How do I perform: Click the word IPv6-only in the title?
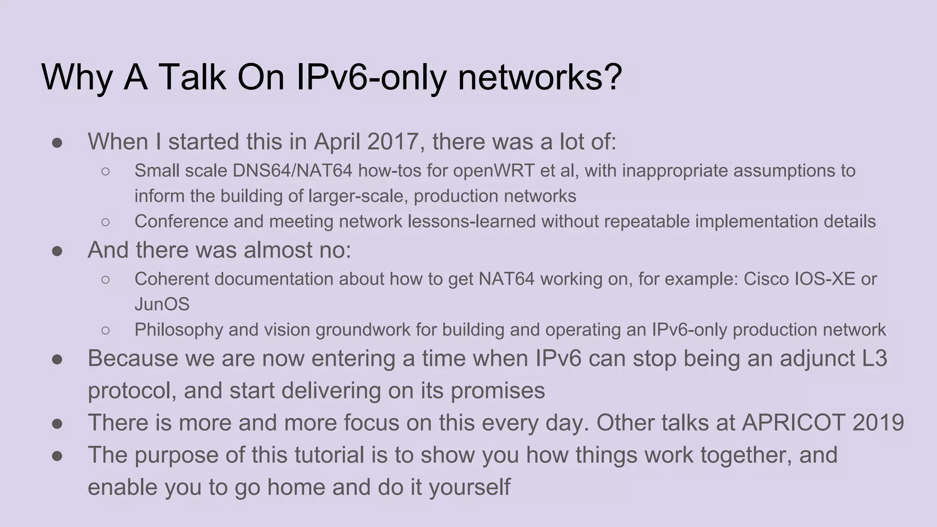coord(371,77)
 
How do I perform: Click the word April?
coord(337,141)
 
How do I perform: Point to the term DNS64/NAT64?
coord(293,171)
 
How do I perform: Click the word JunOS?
coord(162,304)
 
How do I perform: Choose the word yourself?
coord(469,487)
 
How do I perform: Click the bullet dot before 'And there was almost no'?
coord(57,251)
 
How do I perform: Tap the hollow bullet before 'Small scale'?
coord(105,171)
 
